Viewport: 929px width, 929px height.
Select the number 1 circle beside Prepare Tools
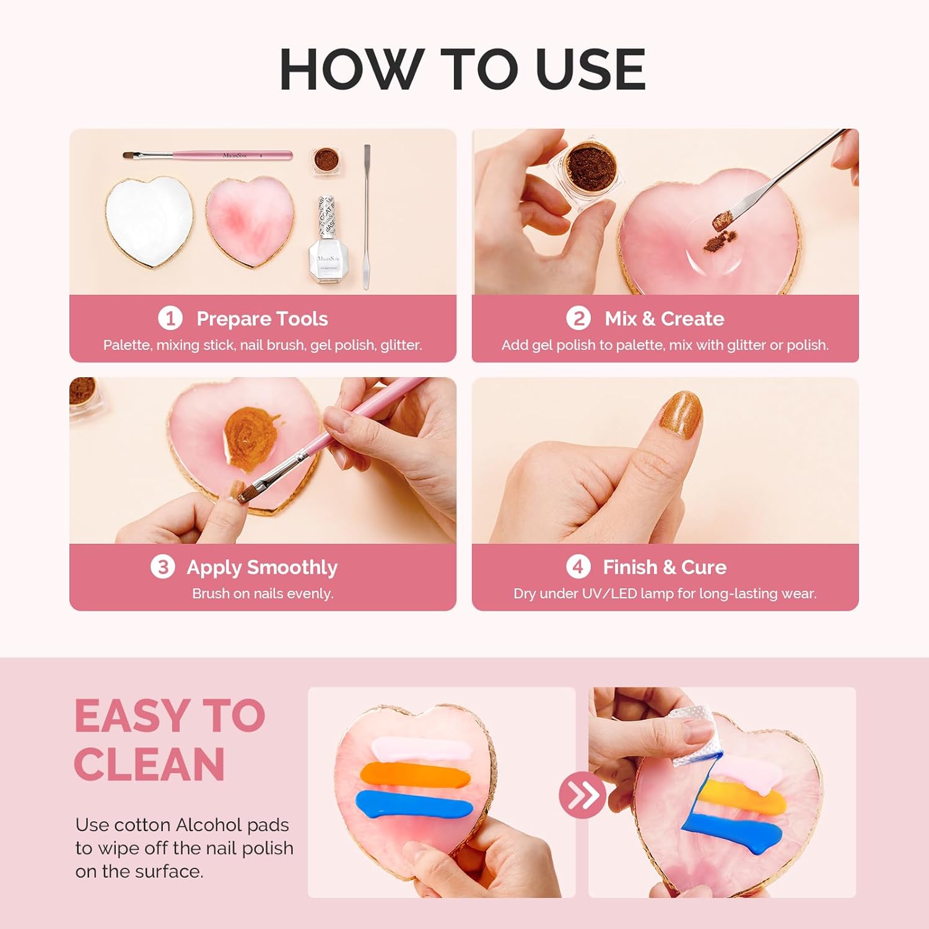[170, 318]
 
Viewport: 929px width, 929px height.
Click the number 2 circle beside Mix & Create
[578, 318]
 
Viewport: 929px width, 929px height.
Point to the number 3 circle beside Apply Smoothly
[162, 567]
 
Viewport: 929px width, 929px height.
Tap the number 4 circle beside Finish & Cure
[577, 567]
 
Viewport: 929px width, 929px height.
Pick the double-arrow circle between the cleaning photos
[582, 795]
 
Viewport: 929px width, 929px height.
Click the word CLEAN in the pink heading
[149, 765]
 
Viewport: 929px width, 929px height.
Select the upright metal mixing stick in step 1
[366, 217]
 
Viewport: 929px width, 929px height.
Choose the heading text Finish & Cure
[665, 567]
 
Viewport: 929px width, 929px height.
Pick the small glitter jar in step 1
[325, 160]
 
